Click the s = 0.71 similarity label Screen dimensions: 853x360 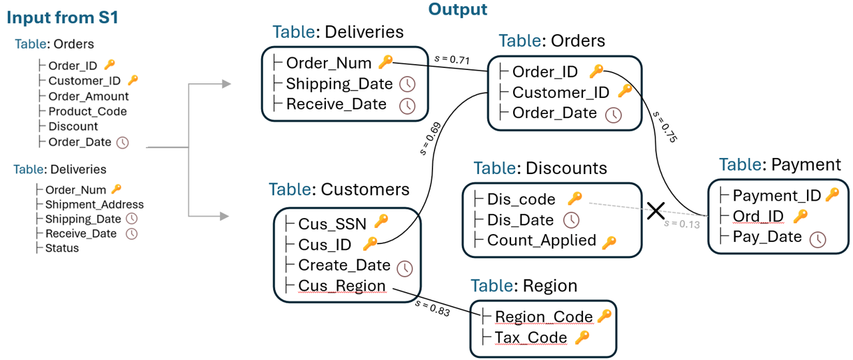(x=452, y=59)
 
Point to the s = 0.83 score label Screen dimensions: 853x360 (x=432, y=308)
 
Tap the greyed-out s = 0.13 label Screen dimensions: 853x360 (x=682, y=224)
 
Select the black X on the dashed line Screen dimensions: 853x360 (x=656, y=211)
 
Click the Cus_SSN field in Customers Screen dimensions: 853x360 (x=332, y=224)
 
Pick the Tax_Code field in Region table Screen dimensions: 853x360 (x=531, y=337)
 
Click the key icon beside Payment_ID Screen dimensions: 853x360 (x=832, y=194)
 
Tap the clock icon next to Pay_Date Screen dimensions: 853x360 (x=818, y=239)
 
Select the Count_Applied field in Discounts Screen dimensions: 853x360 (x=542, y=241)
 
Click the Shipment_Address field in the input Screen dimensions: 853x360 (x=95, y=205)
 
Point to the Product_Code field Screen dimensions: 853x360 (x=87, y=111)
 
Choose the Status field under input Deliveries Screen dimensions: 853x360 (x=62, y=248)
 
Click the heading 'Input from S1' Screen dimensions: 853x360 (x=63, y=17)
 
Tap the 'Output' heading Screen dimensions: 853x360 (x=458, y=9)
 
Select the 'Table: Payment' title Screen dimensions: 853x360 (x=780, y=165)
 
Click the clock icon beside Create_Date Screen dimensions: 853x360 (x=405, y=268)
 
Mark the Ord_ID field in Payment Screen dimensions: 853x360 (x=758, y=217)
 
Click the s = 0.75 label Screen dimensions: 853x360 (x=665, y=127)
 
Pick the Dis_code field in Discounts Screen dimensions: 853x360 (x=521, y=199)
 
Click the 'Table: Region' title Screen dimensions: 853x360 (x=524, y=286)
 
